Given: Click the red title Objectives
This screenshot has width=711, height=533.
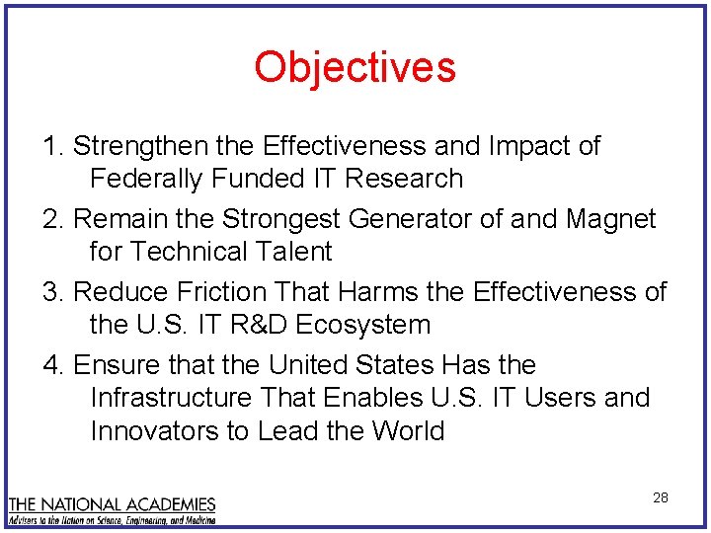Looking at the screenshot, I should tap(355, 67).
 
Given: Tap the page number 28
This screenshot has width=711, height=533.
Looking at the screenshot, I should tap(660, 497).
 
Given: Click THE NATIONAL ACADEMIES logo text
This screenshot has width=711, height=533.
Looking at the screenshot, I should tap(112, 502).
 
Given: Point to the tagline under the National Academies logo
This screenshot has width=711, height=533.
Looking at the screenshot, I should tap(112, 518).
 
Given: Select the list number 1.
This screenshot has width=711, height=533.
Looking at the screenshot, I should tap(51, 146).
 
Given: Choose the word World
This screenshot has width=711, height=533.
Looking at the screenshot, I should tap(408, 431).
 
